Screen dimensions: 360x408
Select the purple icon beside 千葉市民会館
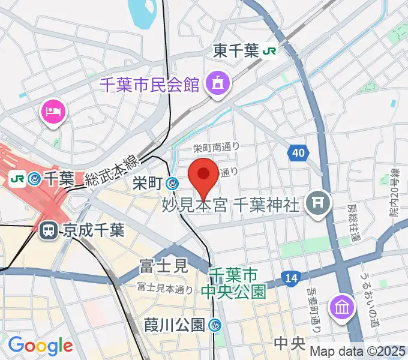click(x=216, y=83)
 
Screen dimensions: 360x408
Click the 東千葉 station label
click(x=235, y=52)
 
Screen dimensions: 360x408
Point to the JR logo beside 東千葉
click(x=269, y=52)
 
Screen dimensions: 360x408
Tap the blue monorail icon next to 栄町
click(x=173, y=183)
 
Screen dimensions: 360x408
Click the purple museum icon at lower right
click(x=341, y=307)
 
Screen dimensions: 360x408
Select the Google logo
click(x=40, y=346)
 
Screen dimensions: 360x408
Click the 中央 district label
click(x=290, y=344)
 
